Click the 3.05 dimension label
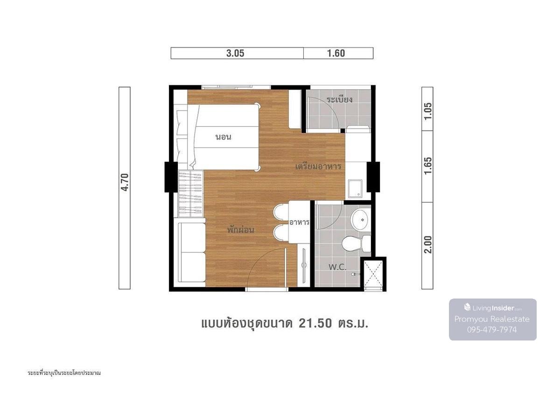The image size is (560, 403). coord(235,53)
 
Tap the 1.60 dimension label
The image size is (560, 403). coord(336,53)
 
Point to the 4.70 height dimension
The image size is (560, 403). coord(125,182)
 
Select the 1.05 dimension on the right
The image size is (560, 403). coord(428,111)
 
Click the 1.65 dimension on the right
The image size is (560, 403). coord(428,166)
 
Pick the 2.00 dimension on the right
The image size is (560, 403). coord(428,244)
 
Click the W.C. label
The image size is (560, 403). coord(337,267)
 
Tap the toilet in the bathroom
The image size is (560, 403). coord(356,243)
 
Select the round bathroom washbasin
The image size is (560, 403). coord(360,220)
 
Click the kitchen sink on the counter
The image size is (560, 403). coord(355,188)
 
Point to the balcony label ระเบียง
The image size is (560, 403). coord(340,99)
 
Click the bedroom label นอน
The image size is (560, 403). coord(224,137)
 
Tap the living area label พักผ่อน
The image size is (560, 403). coord(241,229)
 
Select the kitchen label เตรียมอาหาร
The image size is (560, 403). coord(318,167)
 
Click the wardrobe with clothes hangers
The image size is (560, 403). coord(190,194)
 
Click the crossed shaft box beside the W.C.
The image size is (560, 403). coord(373,274)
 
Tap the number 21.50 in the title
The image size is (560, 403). coord(315,324)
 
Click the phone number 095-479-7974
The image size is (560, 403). coord(492,330)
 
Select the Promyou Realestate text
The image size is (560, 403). coord(492,319)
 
